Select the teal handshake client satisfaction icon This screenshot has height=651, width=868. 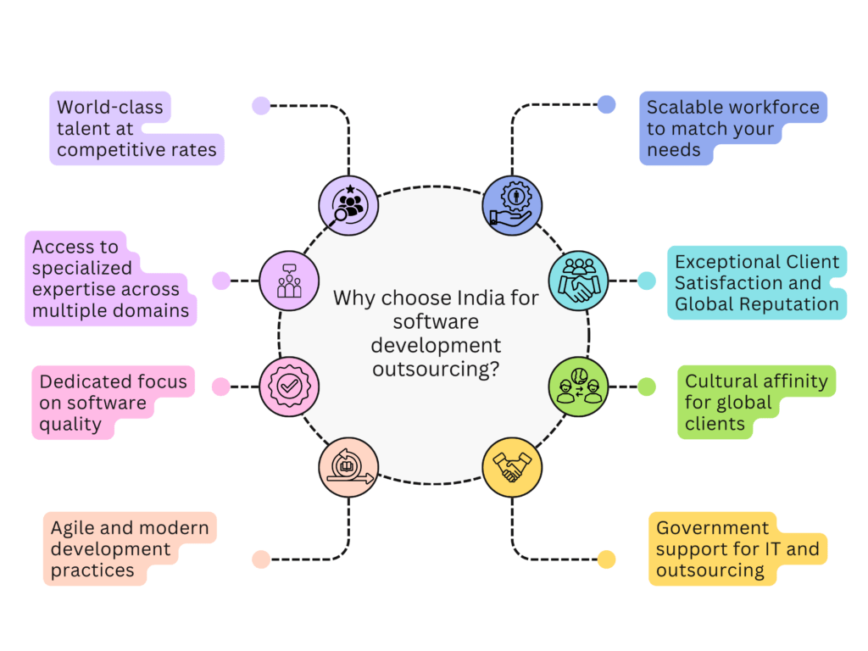tap(579, 281)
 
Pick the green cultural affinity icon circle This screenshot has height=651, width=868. tap(579, 387)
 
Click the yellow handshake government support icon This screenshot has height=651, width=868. tap(512, 467)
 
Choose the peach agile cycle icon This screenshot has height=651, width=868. tap(348, 467)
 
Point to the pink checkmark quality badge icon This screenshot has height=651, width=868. tap(289, 387)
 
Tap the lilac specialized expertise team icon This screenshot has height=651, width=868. tap(289, 281)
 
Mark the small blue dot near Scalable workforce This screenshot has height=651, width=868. tap(606, 105)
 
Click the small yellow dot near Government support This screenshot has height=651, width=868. tap(606, 559)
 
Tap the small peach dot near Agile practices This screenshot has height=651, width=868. tap(261, 559)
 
